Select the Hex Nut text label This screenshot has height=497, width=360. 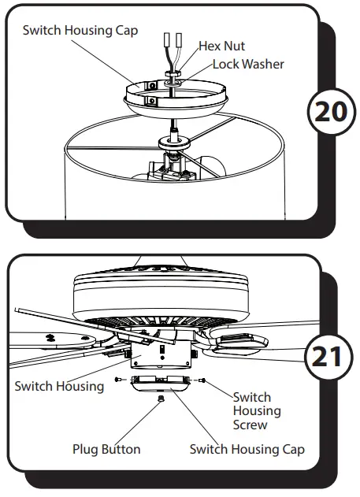click(221, 47)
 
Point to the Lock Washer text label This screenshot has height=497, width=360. click(247, 64)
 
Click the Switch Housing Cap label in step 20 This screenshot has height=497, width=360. click(80, 30)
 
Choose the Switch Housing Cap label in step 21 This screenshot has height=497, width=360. click(247, 449)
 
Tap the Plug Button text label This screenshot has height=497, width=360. click(106, 449)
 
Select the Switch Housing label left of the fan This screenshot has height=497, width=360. click(59, 386)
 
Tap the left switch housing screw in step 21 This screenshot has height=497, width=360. click(118, 380)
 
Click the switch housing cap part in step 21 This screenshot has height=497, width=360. click(161, 386)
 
